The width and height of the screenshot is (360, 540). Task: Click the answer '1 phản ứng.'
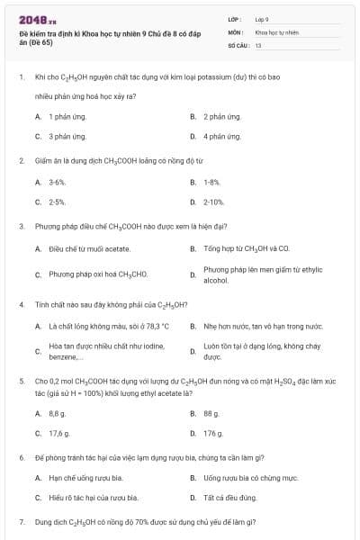(67, 117)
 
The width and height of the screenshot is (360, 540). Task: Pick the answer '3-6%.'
(58, 182)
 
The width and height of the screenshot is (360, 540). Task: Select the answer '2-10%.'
(213, 202)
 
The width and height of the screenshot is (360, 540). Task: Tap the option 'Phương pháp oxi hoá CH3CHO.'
(97, 274)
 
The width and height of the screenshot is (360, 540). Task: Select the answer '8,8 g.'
(58, 413)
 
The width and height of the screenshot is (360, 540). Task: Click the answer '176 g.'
(212, 433)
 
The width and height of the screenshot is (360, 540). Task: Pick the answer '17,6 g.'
(59, 433)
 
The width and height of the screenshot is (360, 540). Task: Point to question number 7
(21, 522)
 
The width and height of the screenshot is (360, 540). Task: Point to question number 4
(21, 304)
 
